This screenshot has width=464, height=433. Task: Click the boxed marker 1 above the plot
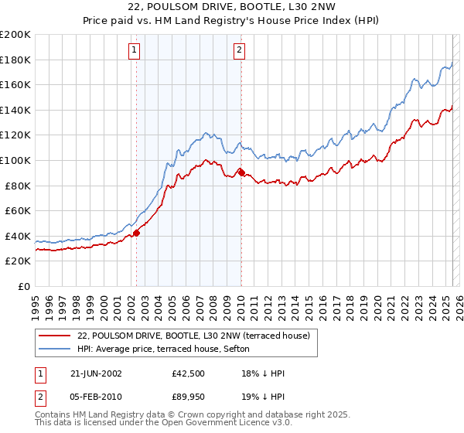[x=135, y=51]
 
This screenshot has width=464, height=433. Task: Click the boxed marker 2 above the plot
[x=239, y=51]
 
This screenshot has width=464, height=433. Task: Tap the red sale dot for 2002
[x=136, y=232]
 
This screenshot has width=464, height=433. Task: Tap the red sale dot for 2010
[x=241, y=172]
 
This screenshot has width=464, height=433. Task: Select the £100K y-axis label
[x=15, y=161]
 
